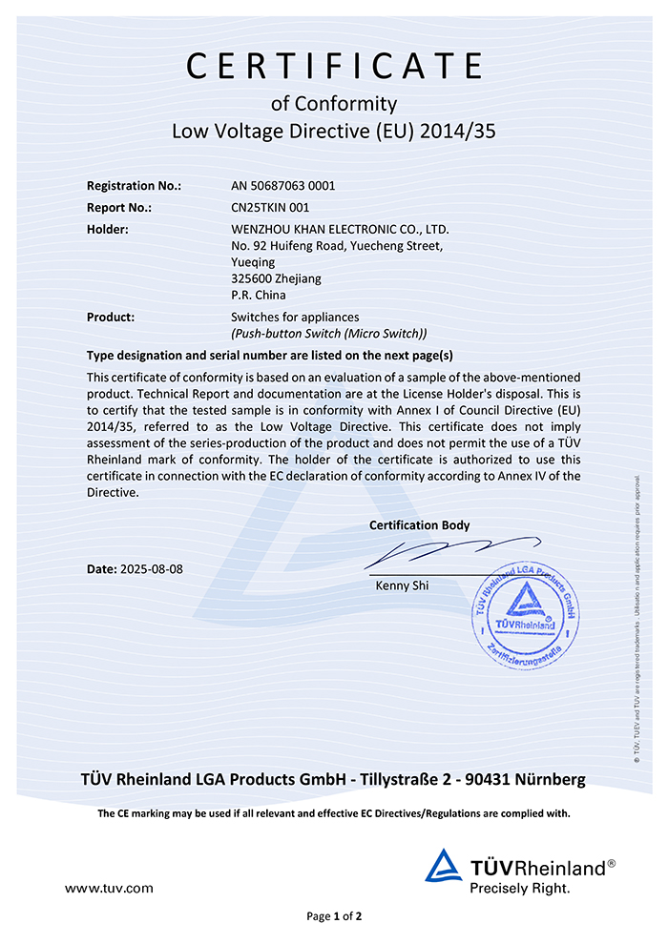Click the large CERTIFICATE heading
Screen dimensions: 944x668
(334, 65)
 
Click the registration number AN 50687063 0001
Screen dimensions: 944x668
(283, 186)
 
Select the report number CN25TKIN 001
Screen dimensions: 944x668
(270, 207)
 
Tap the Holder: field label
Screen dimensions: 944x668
(108, 229)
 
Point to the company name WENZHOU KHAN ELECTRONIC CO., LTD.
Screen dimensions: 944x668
(340, 229)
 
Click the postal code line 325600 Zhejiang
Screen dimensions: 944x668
(276, 278)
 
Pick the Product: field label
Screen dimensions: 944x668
(111, 317)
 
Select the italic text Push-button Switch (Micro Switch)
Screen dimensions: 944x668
(329, 333)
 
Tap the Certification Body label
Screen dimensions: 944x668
(419, 525)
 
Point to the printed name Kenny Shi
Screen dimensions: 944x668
(403, 585)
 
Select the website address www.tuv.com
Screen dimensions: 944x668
(109, 888)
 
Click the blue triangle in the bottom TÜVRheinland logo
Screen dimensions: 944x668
(443, 865)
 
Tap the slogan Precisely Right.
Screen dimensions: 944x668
(519, 888)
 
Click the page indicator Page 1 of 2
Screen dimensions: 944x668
(334, 916)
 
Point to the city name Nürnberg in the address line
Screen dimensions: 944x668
(550, 780)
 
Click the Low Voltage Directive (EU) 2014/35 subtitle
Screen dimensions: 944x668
(334, 131)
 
